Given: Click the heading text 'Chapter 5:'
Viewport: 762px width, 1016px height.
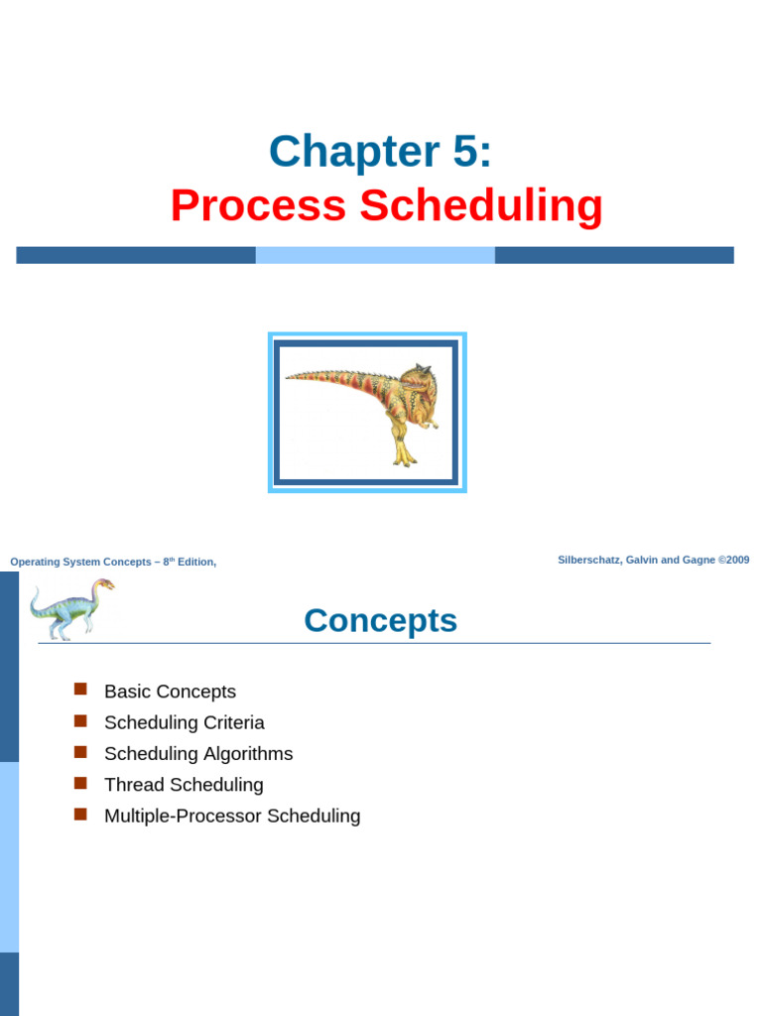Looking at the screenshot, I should pyautogui.click(x=380, y=152).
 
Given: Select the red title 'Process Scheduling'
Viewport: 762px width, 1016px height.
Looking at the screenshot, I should pyautogui.click(x=386, y=205).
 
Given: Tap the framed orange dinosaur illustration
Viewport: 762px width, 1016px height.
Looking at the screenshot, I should pyautogui.click(x=367, y=412).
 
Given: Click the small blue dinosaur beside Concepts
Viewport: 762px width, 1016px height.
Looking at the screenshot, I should pyautogui.click(x=70, y=608).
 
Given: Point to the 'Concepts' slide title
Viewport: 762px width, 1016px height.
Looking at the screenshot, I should pyautogui.click(x=380, y=620).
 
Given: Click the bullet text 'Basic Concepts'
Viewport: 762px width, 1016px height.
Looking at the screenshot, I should pyautogui.click(x=170, y=692).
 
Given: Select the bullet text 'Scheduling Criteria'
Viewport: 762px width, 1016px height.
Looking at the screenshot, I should pyautogui.click(x=184, y=722).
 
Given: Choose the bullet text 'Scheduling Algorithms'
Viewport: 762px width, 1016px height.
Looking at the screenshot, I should pyautogui.click(x=198, y=753).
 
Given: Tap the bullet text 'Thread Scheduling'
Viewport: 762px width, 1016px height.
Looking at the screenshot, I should pyautogui.click(x=184, y=785).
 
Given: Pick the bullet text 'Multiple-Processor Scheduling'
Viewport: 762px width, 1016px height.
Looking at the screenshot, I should pyautogui.click(x=232, y=816).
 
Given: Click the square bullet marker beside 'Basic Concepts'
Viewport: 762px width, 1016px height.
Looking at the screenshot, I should pyautogui.click(x=81, y=690).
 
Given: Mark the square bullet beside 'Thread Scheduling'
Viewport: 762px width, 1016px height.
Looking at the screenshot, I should pyautogui.click(x=81, y=783).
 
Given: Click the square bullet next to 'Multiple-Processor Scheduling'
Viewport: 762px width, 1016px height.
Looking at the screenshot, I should pyautogui.click(x=81, y=814).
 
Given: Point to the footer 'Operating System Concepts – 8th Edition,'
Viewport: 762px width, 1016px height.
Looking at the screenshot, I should pyautogui.click(x=113, y=562).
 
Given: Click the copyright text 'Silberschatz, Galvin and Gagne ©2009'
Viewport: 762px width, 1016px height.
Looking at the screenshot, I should pyautogui.click(x=653, y=560).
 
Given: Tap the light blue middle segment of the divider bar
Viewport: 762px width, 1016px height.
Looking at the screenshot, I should pyautogui.click(x=375, y=255).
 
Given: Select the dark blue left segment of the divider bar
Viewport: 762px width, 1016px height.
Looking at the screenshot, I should pyautogui.click(x=136, y=255).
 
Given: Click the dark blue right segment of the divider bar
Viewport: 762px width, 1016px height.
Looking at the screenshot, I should pyautogui.click(x=614, y=255).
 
